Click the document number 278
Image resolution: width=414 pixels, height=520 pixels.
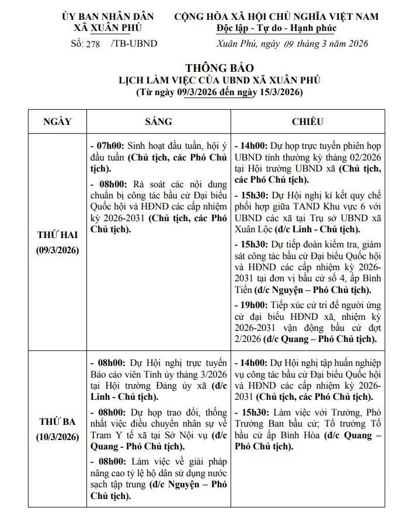coord(93,43)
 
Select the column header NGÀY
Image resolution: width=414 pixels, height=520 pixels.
coord(57,121)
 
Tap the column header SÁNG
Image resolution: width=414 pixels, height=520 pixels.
coord(158,121)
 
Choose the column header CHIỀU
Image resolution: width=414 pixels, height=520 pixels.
coord(307,121)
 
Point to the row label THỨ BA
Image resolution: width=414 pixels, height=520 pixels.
coord(57,421)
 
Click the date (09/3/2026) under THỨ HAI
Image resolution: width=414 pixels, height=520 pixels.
coord(57,250)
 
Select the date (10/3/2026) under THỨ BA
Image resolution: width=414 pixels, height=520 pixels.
coord(57,437)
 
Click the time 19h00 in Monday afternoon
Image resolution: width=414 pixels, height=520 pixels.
coord(253,305)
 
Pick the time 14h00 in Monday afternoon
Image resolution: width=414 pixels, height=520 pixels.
coord(253,145)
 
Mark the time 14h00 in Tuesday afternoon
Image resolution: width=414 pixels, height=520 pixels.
coord(253,362)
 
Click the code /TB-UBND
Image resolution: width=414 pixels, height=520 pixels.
coord(134,43)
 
